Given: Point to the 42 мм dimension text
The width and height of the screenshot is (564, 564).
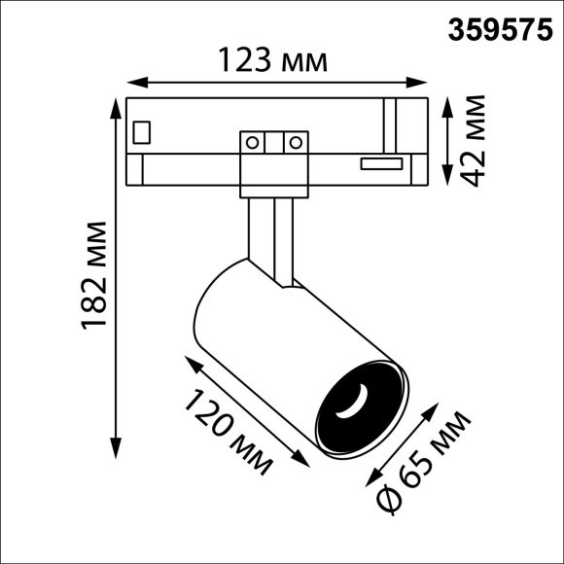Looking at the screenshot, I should pos(474,138).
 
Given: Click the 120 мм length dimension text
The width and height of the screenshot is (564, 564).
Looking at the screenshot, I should pos(229,431).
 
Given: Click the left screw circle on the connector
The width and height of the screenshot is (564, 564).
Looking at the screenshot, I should pos(252,143).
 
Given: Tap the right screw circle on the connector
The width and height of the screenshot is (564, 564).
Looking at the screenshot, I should pos(291,143).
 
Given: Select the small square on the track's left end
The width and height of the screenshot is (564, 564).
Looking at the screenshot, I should pos(142,129).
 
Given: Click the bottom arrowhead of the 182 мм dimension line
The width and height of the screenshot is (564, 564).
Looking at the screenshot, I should pos(118,452).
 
